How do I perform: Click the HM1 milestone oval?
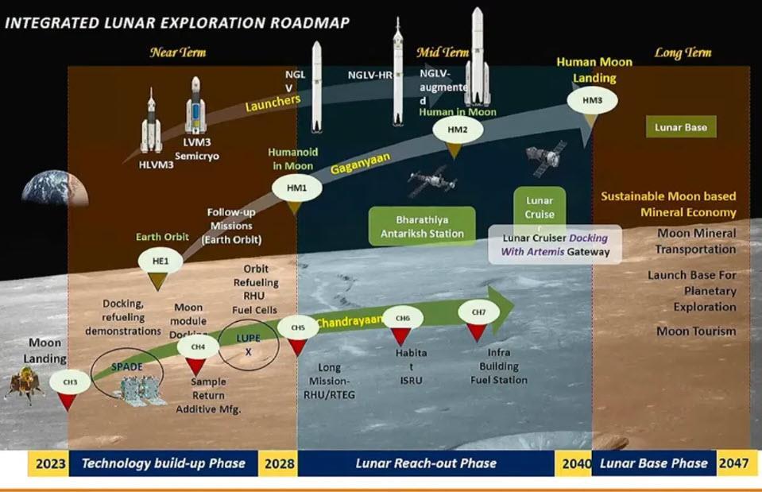click(292, 188)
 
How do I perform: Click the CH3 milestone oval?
click(69, 382)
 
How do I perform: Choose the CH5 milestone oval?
click(298, 327)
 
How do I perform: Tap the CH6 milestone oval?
click(403, 318)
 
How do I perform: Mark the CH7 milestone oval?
click(478, 312)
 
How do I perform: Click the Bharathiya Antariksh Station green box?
click(422, 226)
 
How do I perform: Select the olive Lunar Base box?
click(681, 127)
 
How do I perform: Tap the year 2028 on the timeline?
click(278, 463)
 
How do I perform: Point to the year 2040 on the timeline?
click(574, 463)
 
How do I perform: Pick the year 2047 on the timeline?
click(733, 463)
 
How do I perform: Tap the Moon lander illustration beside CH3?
click(24, 385)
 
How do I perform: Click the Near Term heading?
click(178, 53)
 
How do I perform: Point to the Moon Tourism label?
click(696, 331)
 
